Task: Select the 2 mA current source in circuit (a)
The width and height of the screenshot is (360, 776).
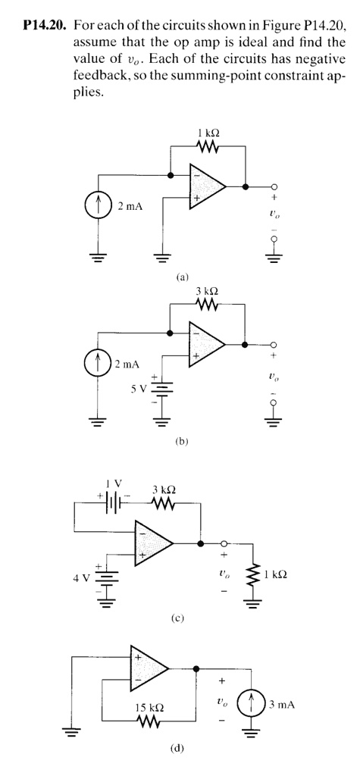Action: pos(99,206)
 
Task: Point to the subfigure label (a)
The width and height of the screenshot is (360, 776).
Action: pos(181,277)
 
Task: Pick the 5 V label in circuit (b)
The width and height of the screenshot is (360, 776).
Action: pos(137,390)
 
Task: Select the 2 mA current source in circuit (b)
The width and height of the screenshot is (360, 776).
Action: pos(99,365)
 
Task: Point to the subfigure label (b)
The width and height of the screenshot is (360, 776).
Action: pos(180,440)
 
